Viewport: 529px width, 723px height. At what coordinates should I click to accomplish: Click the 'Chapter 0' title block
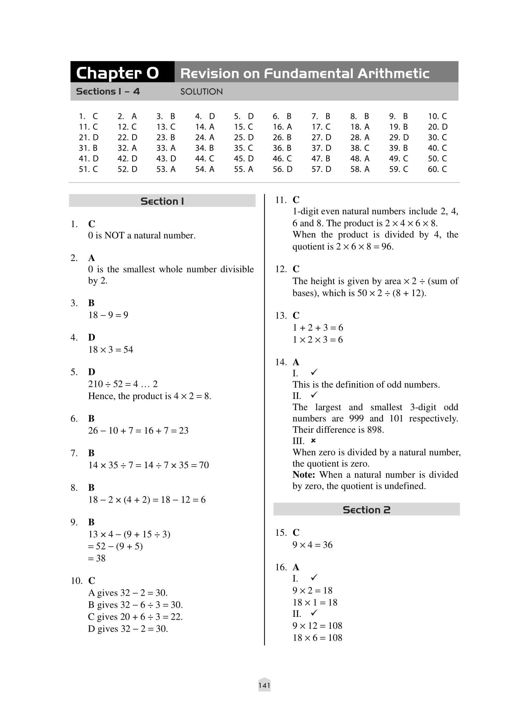(118, 73)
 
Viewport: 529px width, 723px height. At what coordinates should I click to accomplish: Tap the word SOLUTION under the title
(201, 92)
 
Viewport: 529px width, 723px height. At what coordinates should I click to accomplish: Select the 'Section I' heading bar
(162, 201)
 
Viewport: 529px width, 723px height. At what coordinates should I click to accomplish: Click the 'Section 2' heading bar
(366, 510)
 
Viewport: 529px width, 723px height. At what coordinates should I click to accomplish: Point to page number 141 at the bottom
(264, 685)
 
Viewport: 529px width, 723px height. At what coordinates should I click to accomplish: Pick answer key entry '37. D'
(321, 148)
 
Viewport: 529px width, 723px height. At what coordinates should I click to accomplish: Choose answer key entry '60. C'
(437, 169)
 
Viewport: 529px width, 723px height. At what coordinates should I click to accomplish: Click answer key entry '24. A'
(205, 138)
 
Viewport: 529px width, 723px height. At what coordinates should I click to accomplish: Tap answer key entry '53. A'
(166, 169)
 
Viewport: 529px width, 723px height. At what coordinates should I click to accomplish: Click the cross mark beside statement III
(313, 441)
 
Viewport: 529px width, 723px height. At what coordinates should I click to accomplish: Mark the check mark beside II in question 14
(314, 395)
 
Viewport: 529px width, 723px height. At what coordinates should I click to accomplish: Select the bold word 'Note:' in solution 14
(304, 475)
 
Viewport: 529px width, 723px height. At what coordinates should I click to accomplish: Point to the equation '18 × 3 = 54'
(111, 350)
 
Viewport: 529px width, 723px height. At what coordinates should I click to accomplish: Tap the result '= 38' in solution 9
(97, 558)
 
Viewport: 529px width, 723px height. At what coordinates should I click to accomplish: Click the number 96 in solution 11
(387, 247)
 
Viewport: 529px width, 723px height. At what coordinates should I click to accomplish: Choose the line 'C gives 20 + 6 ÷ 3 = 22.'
(135, 617)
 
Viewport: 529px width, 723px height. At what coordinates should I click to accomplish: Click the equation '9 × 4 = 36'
(312, 545)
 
